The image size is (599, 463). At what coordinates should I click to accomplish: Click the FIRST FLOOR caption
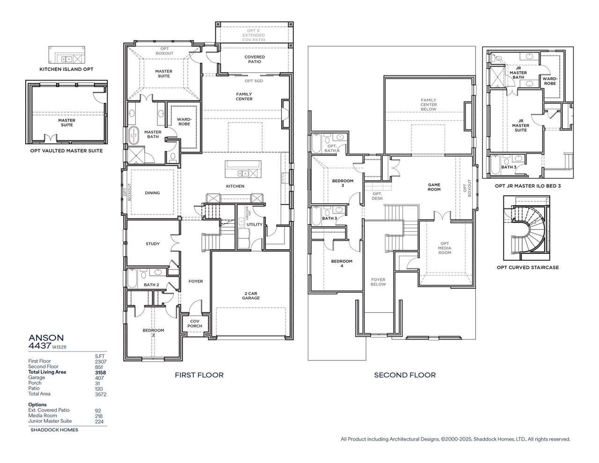click(x=199, y=375)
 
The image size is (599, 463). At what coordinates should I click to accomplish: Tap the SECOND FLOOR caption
click(x=405, y=375)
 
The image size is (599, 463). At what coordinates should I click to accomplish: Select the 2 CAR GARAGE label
click(x=251, y=295)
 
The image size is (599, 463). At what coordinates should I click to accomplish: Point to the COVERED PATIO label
click(x=255, y=59)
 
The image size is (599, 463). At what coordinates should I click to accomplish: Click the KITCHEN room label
click(x=235, y=186)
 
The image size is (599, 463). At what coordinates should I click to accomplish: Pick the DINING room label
click(x=152, y=193)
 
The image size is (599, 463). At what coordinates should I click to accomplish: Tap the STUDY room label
click(x=153, y=244)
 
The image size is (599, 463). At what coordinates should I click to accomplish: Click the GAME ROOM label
click(x=434, y=187)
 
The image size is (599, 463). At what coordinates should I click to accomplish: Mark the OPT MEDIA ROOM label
click(x=445, y=248)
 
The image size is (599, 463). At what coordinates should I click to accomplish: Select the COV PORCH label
click(x=195, y=323)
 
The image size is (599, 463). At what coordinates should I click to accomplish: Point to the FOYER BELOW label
click(x=378, y=282)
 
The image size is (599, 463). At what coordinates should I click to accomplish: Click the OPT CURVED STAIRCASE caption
click(x=527, y=268)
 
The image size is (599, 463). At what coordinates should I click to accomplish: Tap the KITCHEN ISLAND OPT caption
click(x=66, y=69)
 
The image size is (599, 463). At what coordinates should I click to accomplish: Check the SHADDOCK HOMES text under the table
click(x=54, y=430)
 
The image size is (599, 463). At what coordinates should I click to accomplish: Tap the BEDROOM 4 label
click(x=342, y=264)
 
